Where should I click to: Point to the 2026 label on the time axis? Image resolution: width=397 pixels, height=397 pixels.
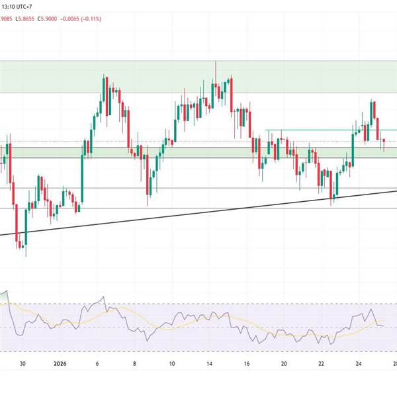[60, 363]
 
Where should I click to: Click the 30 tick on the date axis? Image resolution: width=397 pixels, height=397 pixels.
[22, 363]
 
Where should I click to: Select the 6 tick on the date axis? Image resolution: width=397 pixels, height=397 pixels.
[97, 363]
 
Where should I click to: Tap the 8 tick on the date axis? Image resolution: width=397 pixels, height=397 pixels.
[134, 363]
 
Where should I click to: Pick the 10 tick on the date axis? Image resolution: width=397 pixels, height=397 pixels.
[171, 363]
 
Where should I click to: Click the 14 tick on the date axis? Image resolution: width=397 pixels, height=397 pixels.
[209, 363]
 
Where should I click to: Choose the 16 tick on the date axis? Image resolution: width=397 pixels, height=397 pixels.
[246, 363]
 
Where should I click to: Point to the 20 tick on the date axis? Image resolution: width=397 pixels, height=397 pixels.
[283, 363]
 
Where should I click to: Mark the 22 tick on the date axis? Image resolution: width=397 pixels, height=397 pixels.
[321, 363]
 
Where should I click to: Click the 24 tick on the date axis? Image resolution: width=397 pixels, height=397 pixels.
[358, 363]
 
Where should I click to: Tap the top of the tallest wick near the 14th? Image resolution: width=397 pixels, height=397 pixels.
[216, 61]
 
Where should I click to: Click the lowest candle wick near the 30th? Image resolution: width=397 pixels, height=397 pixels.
[25, 255]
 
